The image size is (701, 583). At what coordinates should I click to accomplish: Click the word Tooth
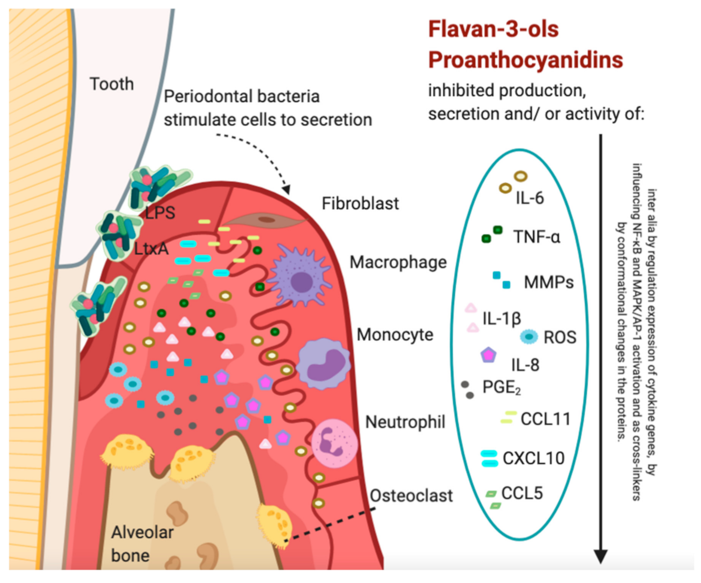coord(112,84)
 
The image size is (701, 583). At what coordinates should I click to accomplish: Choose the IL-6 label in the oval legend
coord(529,198)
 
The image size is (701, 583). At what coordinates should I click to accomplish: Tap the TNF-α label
coord(537,237)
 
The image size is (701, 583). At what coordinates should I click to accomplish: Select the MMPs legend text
coord(549,283)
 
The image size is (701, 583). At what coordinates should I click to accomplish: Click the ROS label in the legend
coord(560,338)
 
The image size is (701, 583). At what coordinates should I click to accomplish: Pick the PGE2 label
coord(501,387)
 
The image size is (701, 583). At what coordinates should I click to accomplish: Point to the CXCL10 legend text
coord(534,458)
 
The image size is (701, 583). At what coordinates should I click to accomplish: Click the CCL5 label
coord(522,494)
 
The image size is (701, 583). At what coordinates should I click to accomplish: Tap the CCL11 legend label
coord(545,419)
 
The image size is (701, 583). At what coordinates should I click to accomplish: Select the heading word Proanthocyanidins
coord(525,60)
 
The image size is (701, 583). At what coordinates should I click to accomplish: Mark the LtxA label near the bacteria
coord(151,249)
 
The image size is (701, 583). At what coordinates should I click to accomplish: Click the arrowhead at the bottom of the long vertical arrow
coord(601,556)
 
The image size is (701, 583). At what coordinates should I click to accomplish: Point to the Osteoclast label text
coord(411,496)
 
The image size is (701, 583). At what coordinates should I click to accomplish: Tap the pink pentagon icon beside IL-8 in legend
coord(488,355)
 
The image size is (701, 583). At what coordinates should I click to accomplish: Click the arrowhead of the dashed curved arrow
coord(285,190)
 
